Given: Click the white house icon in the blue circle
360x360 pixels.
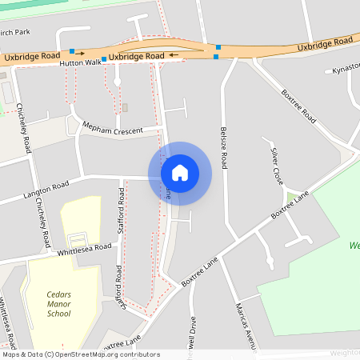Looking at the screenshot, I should click(180, 173).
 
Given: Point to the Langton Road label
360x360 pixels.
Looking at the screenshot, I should click(46, 190).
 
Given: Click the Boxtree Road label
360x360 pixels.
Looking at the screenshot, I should click(300, 103).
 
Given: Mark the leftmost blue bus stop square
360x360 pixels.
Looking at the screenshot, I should click(72, 51).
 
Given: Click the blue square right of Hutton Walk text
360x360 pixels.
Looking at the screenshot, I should click(104, 59).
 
